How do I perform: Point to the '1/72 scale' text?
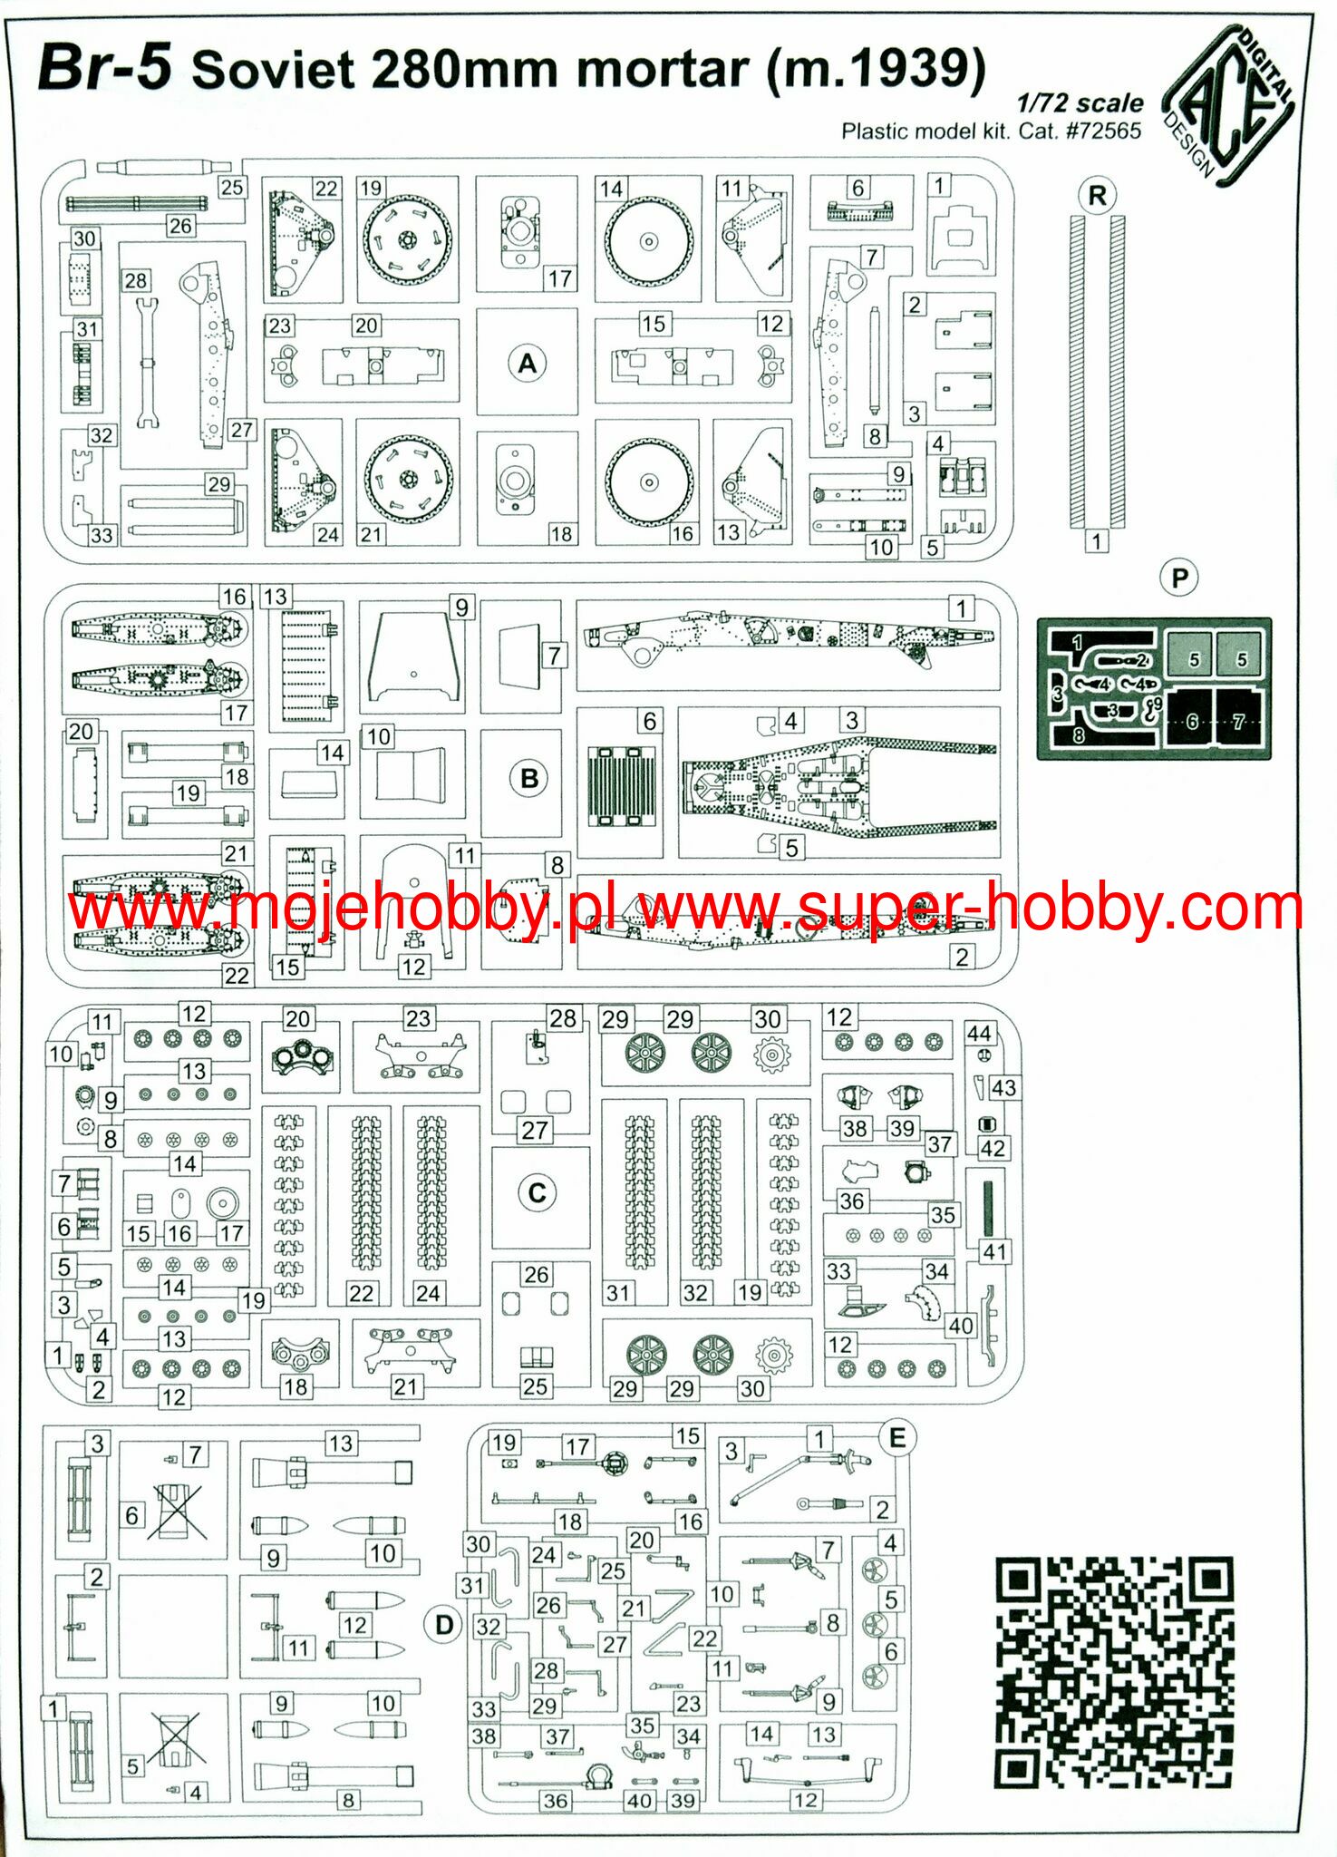(1080, 102)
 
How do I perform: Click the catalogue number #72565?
(1102, 131)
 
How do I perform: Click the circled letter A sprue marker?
(528, 364)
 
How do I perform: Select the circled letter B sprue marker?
(529, 778)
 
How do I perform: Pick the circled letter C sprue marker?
(537, 1192)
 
